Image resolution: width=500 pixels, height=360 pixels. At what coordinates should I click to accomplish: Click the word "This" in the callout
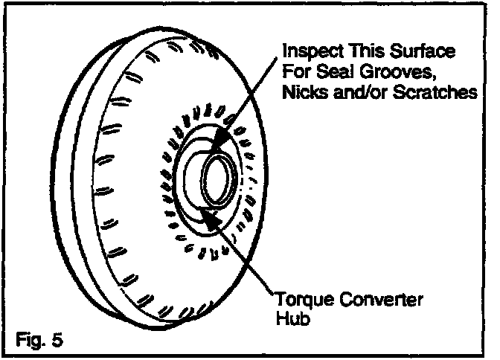[x=361, y=53]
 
